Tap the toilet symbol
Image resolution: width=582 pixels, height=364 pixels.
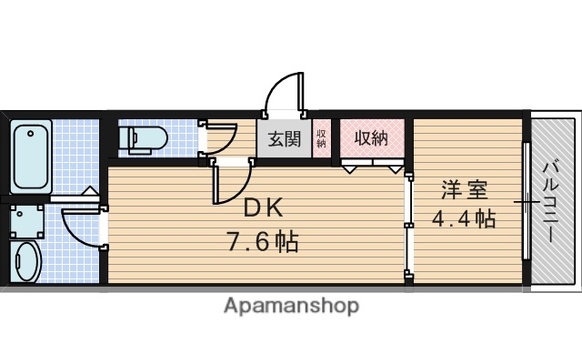coord(146,139)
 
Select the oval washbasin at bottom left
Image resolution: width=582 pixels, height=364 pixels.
coord(25,262)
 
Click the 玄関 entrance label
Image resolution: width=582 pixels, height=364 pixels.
coord(284,139)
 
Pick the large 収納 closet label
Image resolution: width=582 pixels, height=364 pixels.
coord(371,139)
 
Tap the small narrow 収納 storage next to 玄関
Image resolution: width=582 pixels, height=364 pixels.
coord(322,139)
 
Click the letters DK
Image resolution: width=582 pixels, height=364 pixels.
coord(264,208)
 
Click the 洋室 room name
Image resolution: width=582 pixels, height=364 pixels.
coord(465,191)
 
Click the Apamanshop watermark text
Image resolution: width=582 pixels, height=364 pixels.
coord(291,306)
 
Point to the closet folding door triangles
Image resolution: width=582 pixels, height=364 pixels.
coord(373,167)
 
